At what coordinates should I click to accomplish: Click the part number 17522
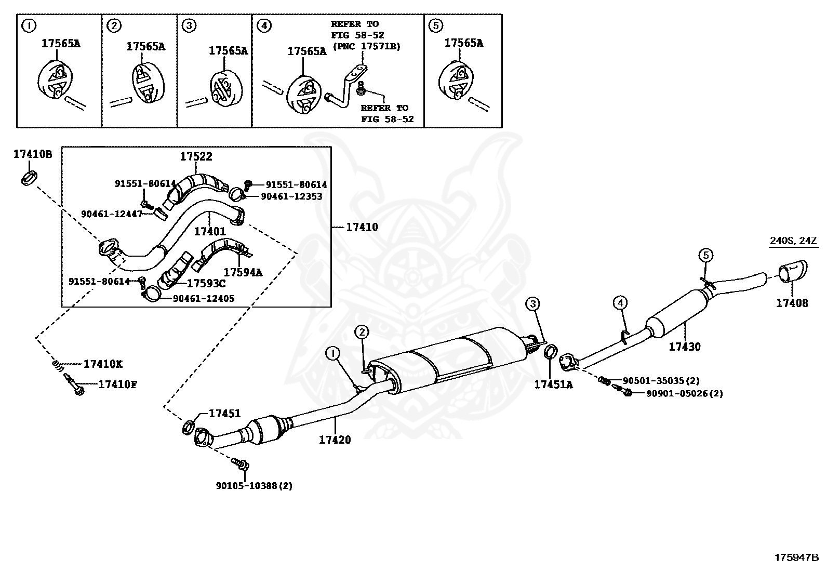(x=196, y=156)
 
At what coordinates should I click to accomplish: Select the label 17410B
(x=33, y=154)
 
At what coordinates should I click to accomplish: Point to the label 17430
(x=685, y=347)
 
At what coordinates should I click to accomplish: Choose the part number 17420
(x=335, y=440)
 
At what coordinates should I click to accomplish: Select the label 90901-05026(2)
(x=684, y=394)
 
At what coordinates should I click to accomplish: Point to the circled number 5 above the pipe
(x=705, y=255)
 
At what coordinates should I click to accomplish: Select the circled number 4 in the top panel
(x=264, y=25)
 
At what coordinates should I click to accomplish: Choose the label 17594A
(x=243, y=272)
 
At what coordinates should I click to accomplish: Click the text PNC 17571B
(x=366, y=46)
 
